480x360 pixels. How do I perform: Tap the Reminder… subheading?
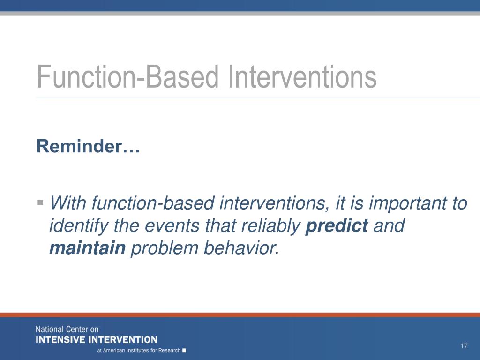point(88,146)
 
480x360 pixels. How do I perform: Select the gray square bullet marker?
point(40,202)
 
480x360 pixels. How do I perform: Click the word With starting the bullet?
point(67,202)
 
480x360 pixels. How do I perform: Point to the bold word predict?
point(337,225)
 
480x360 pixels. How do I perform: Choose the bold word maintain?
point(88,247)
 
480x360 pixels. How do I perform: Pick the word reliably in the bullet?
point(271,225)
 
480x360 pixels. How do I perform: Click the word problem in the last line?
point(165,248)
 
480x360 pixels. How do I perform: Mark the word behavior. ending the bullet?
point(241,247)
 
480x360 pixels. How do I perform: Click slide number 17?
point(464,346)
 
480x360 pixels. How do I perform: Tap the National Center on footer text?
point(67,330)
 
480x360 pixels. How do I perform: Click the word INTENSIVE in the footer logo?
point(60,340)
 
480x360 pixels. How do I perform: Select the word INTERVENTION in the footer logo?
point(122,340)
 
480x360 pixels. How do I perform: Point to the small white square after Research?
point(184,350)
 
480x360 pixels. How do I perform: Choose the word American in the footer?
point(114,350)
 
